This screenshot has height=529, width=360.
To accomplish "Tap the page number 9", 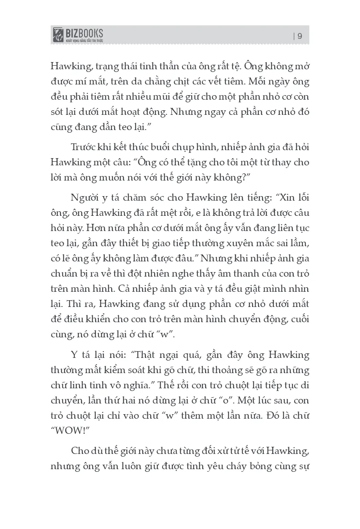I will (300, 37).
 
